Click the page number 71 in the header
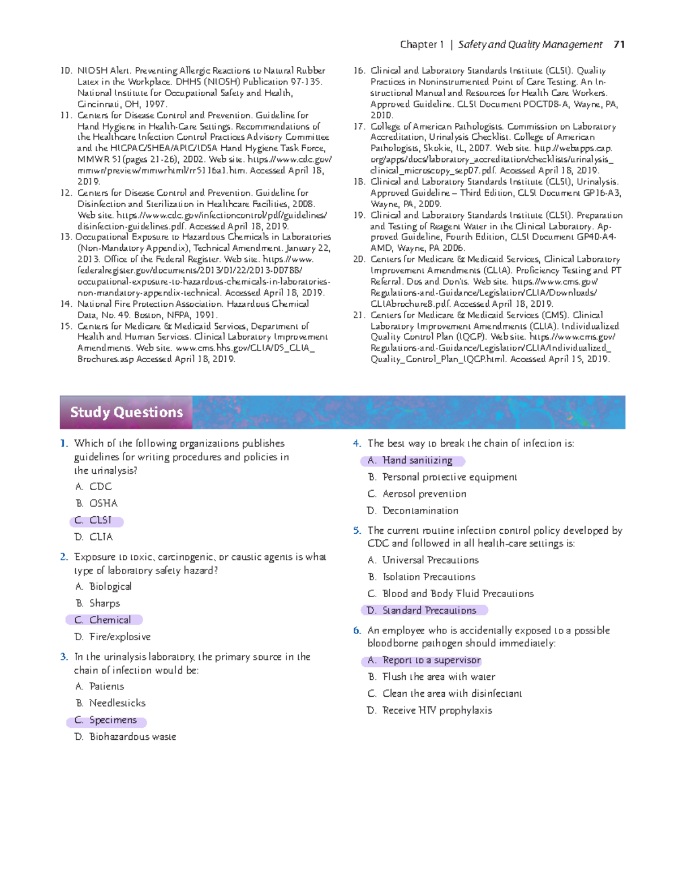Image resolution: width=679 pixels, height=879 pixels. pyautogui.click(x=619, y=45)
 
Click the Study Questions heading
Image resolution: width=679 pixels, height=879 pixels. pyautogui.click(x=126, y=412)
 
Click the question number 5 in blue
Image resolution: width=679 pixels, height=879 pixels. pyautogui.click(x=356, y=531)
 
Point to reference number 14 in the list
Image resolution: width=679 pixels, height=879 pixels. pyautogui.click(x=66, y=304)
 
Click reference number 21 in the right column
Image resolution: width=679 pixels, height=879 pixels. pyautogui.click(x=359, y=315)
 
